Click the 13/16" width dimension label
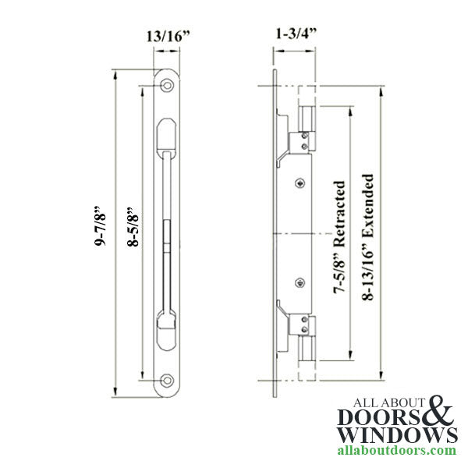coord(165,35)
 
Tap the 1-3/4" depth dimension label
coord(290,35)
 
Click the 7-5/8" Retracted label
coord(340,239)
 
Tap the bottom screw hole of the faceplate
coord(166,382)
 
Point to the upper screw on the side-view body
coord(300,183)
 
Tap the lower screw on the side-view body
coord(300,282)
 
